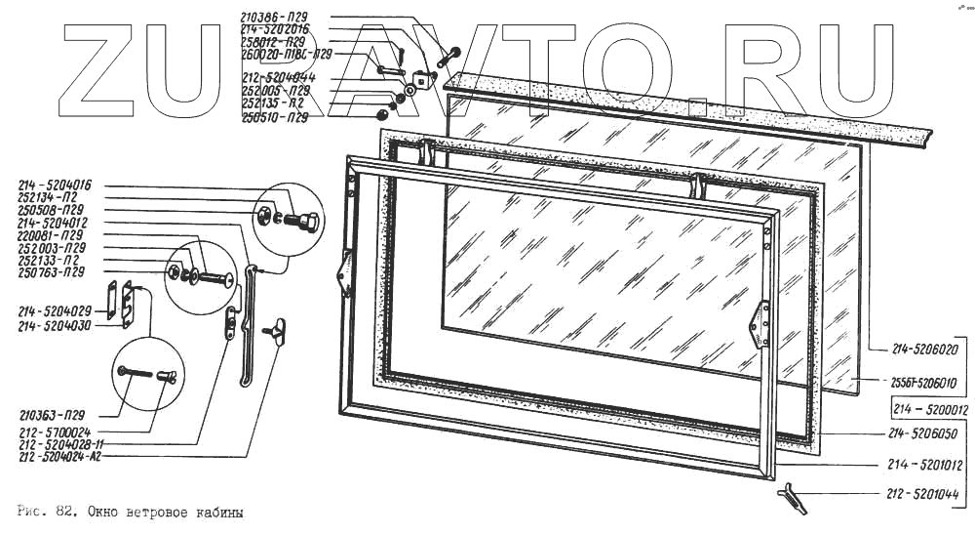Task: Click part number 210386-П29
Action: pos(276,18)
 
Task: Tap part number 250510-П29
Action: pos(276,117)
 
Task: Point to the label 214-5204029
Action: pos(55,310)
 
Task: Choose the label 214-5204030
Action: pos(55,324)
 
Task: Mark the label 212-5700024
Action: pos(55,431)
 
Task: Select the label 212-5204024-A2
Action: pos(60,454)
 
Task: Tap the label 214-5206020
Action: pos(927,348)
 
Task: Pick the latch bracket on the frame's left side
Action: pos(344,273)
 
